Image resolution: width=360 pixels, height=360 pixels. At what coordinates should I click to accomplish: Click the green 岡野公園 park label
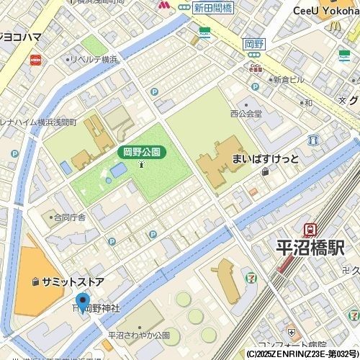142,152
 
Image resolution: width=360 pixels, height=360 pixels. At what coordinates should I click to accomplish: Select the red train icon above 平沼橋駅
310,230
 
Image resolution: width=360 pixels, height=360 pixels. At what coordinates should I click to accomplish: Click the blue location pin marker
82,303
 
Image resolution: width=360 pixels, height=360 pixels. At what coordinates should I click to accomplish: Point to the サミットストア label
73,281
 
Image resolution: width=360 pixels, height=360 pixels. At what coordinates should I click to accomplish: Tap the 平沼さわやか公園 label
143,335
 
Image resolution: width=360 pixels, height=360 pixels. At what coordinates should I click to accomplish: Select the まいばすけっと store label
264,158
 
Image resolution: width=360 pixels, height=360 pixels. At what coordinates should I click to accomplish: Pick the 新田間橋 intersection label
212,7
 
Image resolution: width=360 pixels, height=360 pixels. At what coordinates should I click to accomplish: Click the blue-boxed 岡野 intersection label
255,43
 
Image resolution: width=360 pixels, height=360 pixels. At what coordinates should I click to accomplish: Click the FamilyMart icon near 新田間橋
204,32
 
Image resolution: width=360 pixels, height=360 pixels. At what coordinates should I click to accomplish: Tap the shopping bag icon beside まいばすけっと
266,172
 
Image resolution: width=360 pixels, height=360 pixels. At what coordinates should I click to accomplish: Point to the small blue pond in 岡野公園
119,168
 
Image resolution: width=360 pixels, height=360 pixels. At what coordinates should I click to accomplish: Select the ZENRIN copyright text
302,354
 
